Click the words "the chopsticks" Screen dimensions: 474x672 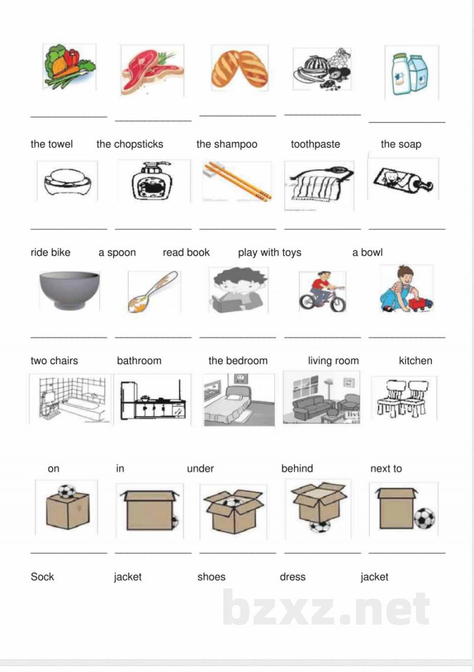(130, 144)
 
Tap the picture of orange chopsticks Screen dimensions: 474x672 (238, 181)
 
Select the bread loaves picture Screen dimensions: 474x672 (239, 69)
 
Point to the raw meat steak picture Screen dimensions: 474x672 (153, 71)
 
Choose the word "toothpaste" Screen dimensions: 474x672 (315, 144)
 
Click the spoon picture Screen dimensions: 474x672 (153, 291)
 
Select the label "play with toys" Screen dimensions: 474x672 (270, 252)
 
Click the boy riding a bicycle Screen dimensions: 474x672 (322, 292)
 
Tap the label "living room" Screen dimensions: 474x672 (334, 361)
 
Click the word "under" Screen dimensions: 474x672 (200, 468)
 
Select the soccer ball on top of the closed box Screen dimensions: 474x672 (66, 491)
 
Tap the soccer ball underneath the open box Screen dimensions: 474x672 (320, 526)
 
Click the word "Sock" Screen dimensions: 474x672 (43, 577)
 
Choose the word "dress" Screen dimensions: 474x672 (293, 577)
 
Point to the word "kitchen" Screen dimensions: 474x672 (415, 361)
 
